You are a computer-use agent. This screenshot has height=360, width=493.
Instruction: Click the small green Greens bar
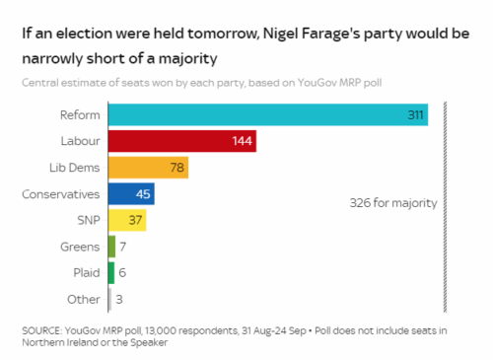(111, 247)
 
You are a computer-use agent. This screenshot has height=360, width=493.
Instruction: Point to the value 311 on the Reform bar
(416, 115)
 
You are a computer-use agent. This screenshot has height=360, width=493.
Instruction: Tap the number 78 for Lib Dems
(177, 168)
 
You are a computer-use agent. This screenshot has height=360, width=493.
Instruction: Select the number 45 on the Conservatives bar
(143, 194)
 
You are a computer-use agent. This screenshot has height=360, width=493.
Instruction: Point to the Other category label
(84, 299)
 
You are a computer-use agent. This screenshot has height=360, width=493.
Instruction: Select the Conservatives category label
(61, 194)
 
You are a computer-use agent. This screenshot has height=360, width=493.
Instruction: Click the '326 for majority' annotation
(392, 202)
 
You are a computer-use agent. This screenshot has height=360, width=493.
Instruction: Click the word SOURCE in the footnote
(41, 330)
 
